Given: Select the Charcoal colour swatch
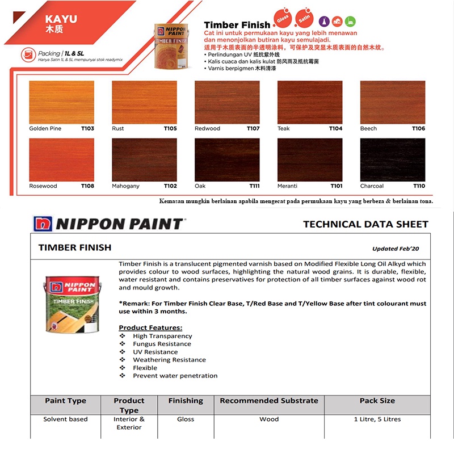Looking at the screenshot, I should point(392,159).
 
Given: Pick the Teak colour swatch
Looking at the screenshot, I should point(310,102).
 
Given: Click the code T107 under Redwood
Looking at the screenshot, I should point(253,129).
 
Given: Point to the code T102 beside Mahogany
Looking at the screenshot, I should point(170,186).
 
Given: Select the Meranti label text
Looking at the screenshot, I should point(287,186).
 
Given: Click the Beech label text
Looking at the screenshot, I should point(368,129).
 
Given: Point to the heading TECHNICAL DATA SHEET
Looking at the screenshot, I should point(365,224).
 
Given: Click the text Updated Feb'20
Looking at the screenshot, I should point(396,249).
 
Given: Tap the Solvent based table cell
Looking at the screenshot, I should point(65,419).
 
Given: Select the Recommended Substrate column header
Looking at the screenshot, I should point(269,401).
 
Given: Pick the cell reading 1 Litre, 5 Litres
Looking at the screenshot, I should point(377,419).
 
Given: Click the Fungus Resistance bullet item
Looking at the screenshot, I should point(162,344).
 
